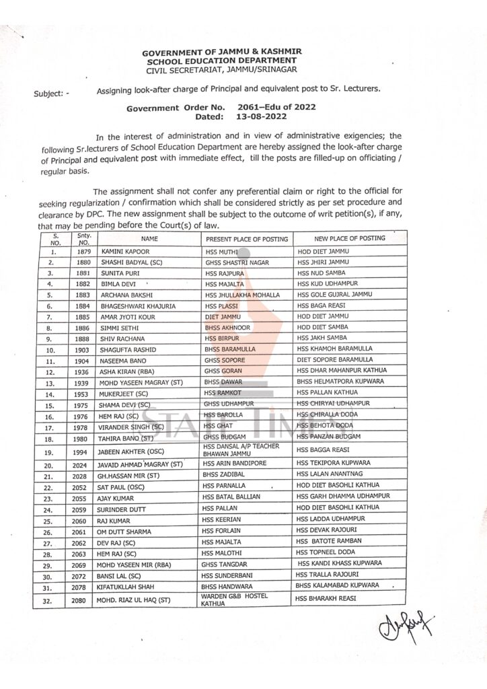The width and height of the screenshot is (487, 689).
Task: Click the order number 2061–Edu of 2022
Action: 277,107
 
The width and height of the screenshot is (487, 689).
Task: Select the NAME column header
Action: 149,239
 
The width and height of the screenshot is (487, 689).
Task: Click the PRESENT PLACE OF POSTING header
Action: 247,240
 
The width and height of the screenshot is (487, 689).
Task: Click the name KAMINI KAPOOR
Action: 124,251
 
